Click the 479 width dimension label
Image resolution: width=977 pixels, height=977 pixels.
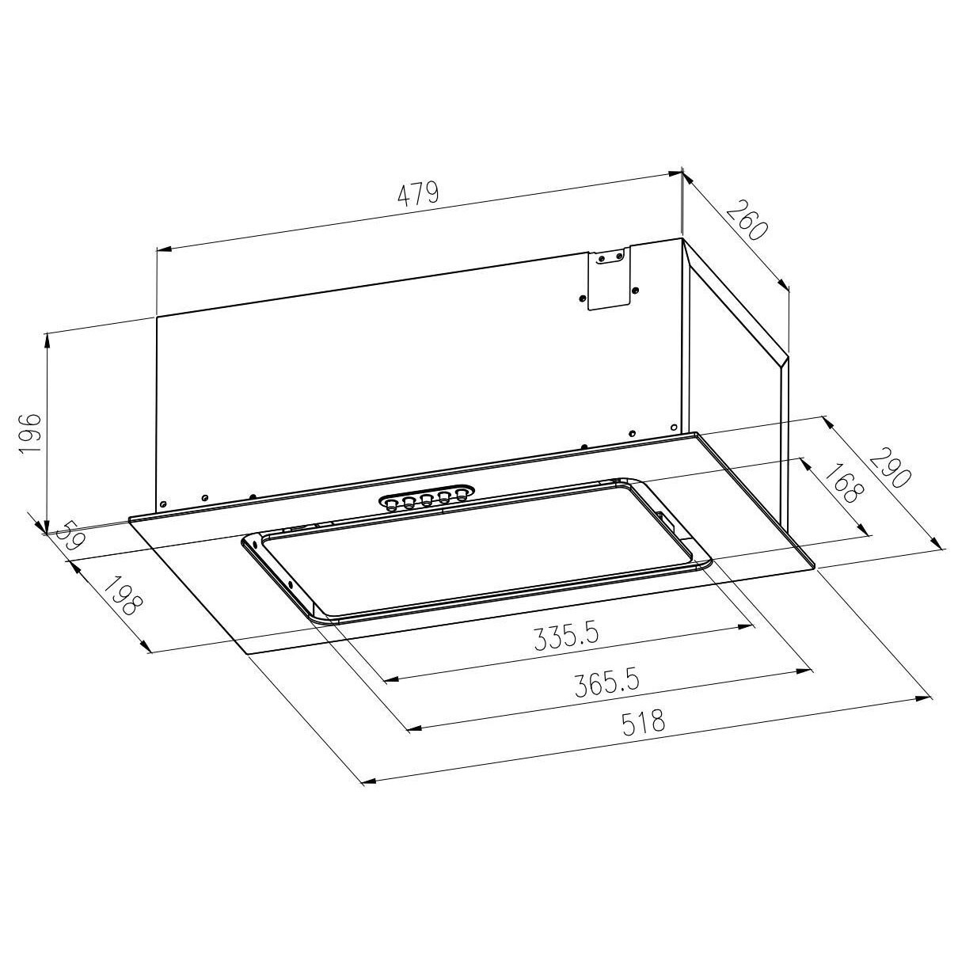click(418, 195)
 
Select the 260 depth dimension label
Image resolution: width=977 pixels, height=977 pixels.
click(745, 222)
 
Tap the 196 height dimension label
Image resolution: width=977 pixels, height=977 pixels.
click(29, 432)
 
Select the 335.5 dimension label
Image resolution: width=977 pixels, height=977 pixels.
click(565, 637)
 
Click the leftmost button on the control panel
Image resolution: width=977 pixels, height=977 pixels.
click(392, 504)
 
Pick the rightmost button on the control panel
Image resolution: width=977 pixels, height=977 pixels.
click(461, 495)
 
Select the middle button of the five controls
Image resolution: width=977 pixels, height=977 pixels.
click(426, 500)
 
